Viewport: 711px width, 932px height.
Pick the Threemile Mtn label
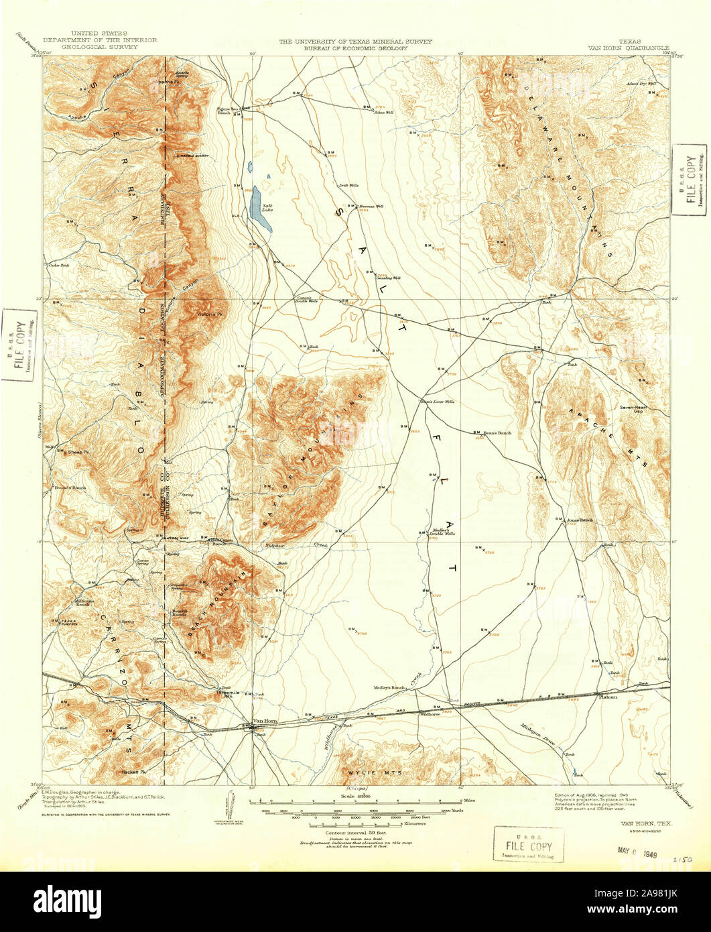(x=222, y=694)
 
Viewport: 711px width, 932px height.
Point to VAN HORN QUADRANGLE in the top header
(x=629, y=48)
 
